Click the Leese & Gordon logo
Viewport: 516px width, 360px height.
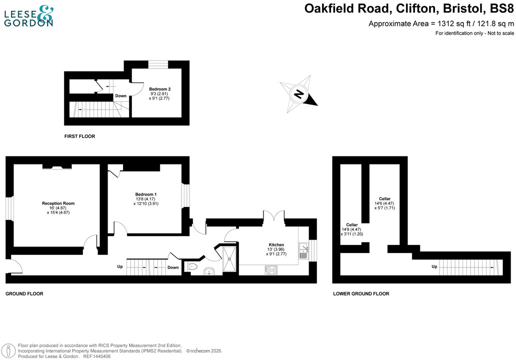tap(28, 16)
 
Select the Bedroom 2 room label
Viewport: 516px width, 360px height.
tap(156, 89)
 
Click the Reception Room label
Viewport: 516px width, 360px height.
tap(58, 203)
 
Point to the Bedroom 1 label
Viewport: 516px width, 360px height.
tap(145, 194)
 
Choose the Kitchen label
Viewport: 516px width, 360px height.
tap(275, 245)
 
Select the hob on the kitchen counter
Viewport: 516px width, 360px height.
tap(271, 270)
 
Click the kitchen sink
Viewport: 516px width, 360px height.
tap(303, 250)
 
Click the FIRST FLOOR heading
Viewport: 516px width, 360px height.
tap(79, 136)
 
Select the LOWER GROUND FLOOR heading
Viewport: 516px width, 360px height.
tap(361, 293)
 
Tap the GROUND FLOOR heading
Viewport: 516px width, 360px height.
tap(24, 293)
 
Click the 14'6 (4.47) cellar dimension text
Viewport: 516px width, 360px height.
tap(384, 203)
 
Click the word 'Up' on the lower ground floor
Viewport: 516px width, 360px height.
tap(434, 266)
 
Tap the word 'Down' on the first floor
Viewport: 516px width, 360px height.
tap(121, 96)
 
